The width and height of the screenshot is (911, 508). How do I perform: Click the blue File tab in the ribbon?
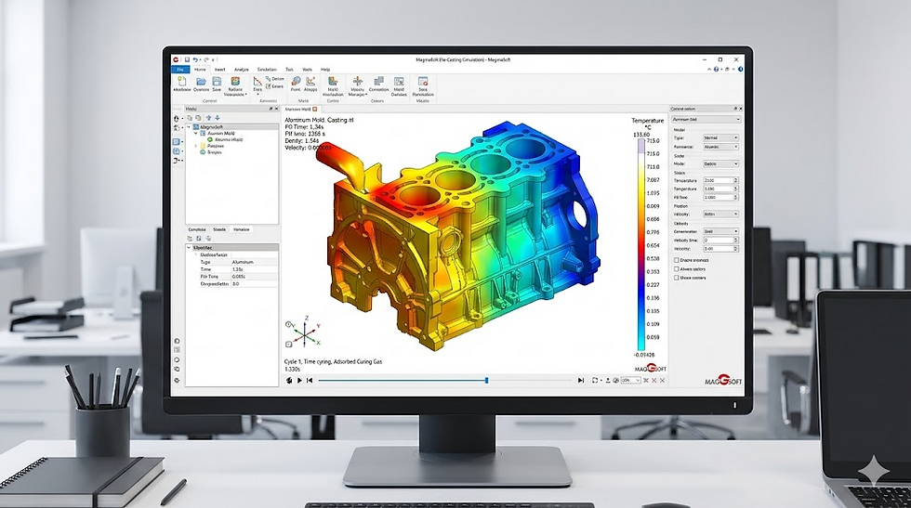[x=178, y=70]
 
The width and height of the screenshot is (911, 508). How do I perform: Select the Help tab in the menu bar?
[x=325, y=70]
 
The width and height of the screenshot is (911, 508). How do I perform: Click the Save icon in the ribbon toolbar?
[x=217, y=85]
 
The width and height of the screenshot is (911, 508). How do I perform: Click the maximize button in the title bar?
[x=720, y=59]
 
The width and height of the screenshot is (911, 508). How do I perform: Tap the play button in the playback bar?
[x=299, y=380]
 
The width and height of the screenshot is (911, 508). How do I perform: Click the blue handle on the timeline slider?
[x=486, y=380]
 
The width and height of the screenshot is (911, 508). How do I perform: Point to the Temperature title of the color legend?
[x=648, y=121]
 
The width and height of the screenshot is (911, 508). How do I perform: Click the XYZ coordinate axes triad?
[x=304, y=331]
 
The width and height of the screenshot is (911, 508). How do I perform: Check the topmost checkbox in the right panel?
[x=676, y=261]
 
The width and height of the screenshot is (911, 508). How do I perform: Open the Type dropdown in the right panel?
[x=721, y=137]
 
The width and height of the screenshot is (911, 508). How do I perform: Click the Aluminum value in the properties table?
[x=244, y=262]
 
